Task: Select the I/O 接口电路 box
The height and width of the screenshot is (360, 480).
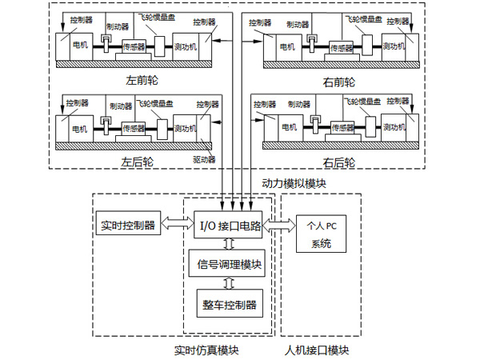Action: (230, 226)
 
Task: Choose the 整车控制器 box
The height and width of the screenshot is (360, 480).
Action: (230, 304)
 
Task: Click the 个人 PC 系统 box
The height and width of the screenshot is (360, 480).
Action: (320, 233)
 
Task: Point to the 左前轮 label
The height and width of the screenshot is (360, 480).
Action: (139, 81)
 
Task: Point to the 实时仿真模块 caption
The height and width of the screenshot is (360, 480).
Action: (206, 350)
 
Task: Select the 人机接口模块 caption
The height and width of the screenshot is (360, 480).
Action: (317, 350)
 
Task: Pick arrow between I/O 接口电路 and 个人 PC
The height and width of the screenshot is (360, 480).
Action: (279, 226)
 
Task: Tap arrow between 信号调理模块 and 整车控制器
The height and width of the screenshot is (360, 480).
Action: (230, 282)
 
